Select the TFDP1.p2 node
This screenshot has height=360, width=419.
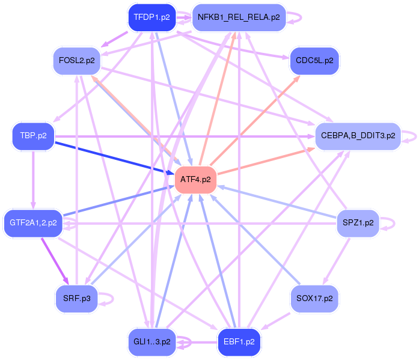[151, 17]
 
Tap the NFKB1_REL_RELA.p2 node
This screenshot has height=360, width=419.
[239, 17]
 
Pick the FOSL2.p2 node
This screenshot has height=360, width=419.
[76, 60]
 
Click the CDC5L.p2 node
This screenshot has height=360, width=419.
[314, 60]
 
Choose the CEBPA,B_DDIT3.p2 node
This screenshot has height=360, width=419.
[358, 136]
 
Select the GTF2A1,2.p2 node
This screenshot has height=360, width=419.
[33, 222]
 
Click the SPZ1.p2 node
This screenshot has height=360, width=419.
[358, 222]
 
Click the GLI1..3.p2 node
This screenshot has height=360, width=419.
[151, 342]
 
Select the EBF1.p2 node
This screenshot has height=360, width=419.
[239, 342]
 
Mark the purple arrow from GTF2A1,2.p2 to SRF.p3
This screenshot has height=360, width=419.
[54, 259]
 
